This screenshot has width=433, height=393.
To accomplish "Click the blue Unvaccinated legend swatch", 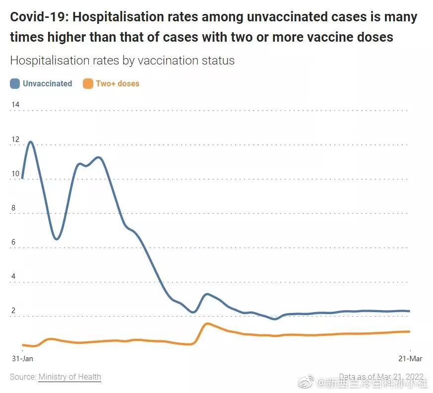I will (15, 84).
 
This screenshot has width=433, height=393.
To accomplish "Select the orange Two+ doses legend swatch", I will (88, 84).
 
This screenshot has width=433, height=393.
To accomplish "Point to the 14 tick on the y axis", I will (15, 105).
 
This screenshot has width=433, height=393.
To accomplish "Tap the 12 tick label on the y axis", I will (15, 139).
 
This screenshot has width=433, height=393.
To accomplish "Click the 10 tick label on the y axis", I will (15, 174).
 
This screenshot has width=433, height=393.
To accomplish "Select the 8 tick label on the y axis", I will (14, 208).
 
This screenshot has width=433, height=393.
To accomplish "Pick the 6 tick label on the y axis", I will (14, 242).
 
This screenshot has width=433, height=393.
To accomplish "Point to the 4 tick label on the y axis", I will (14, 276).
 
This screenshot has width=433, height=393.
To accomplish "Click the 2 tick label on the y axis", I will (14, 311).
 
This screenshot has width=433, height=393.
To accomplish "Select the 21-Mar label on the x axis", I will (410, 358).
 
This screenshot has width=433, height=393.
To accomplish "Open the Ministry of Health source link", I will (69, 377).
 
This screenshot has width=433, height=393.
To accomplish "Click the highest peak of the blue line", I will (31, 142).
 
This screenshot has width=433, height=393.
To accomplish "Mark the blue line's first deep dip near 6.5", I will (57, 239).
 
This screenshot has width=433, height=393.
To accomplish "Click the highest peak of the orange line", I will (207, 324).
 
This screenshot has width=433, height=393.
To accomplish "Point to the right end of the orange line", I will (410, 331).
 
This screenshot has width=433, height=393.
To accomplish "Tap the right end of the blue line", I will (410, 311).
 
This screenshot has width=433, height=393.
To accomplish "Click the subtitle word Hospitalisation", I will (44, 61).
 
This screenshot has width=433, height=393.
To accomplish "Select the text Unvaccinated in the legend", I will (48, 84).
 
